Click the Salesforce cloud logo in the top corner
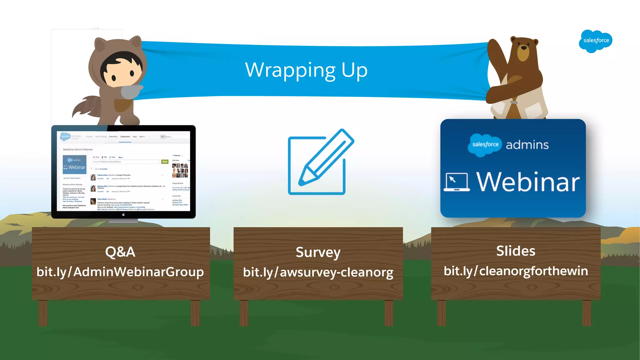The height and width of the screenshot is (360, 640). pos(595,41)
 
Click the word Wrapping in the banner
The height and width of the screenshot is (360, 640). pos(290,70)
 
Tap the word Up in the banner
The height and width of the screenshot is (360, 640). pos(354,70)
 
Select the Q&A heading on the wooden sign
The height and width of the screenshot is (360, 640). pos(120,252)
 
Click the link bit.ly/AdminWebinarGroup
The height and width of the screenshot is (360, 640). pos(120,272)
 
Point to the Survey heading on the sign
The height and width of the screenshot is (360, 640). pos(318,252)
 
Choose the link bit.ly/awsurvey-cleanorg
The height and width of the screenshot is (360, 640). pos(318,272)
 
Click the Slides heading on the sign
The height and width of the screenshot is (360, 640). pos(516,251)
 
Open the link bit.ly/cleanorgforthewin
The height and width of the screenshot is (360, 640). pos(516,271)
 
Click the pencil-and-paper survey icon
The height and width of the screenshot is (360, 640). pos(321,162)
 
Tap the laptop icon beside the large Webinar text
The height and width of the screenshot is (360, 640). pos(457,182)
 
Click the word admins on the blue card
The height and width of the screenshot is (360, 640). pos(527,145)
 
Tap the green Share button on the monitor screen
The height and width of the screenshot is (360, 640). pos(165,162)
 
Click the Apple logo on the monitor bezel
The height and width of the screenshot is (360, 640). pos(123,215)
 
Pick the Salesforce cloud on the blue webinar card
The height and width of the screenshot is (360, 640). pos(485,145)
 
